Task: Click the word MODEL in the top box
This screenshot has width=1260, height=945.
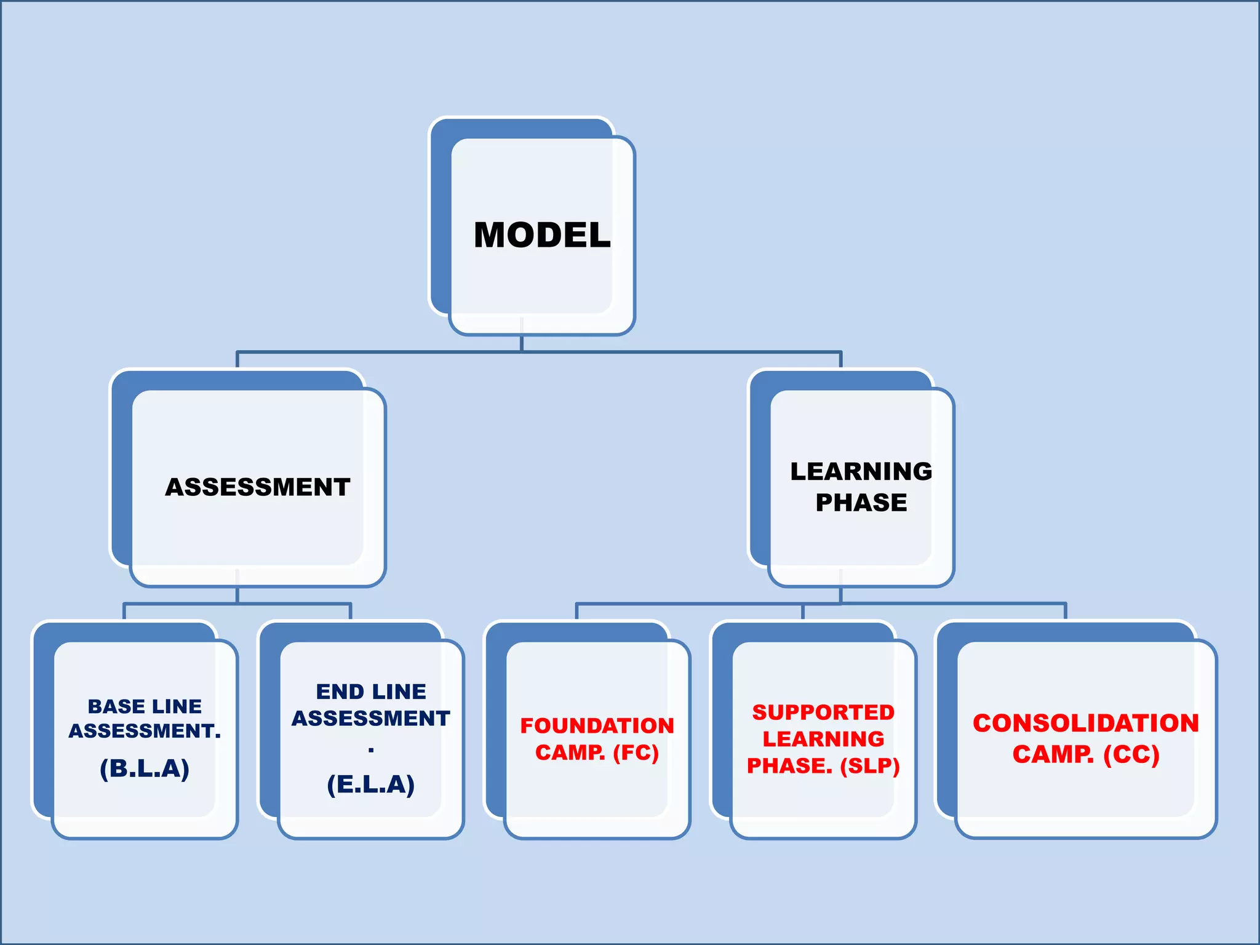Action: [542, 235]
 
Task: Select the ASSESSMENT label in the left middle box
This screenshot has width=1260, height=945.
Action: [258, 487]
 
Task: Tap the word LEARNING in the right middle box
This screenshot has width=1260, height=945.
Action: [861, 471]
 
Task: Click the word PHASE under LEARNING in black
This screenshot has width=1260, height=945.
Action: [861, 503]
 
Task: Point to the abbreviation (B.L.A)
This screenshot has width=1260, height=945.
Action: [145, 768]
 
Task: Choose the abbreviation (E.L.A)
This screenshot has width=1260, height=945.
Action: [371, 784]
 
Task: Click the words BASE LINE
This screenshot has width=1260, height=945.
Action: [145, 706]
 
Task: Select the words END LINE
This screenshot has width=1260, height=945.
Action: [371, 692]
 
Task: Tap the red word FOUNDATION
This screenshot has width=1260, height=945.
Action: [597, 726]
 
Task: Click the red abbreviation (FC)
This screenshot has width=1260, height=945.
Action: [636, 752]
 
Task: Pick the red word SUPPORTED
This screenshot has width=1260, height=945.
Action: [823, 712]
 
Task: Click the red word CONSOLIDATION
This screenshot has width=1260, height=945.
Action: [1086, 724]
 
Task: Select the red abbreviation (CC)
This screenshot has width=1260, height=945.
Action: [1131, 755]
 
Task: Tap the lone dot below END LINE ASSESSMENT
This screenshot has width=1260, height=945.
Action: [371, 750]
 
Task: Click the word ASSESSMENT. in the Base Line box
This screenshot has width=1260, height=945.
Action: [145, 731]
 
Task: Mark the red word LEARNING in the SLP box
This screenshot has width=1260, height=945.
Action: [823, 739]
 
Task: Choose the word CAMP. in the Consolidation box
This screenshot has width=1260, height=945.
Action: [1053, 755]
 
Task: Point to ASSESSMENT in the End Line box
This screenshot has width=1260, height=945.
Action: [371, 719]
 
